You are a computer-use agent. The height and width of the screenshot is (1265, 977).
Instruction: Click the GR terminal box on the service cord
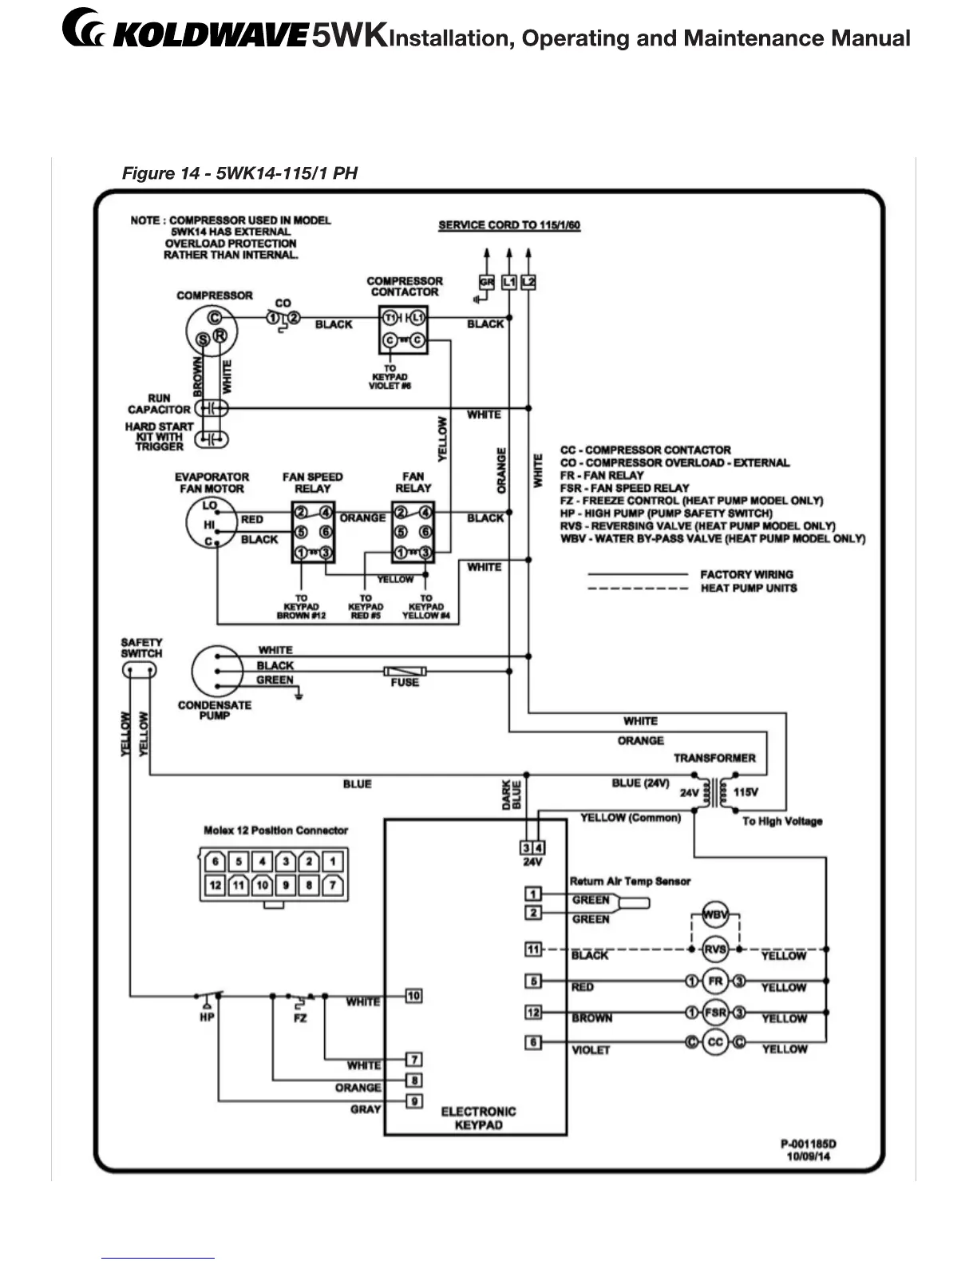[487, 282]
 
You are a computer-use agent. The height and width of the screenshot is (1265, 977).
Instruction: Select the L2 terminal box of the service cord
[528, 282]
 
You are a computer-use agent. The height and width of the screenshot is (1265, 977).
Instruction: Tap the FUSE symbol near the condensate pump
[405, 671]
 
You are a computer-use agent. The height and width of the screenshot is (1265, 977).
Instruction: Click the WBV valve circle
[715, 914]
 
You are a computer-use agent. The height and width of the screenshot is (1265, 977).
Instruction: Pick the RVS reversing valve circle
[715, 949]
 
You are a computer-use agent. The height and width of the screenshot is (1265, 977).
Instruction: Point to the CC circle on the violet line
[715, 1042]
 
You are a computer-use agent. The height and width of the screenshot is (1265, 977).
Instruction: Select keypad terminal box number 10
[413, 996]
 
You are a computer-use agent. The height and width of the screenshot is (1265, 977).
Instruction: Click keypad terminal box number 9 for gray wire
[414, 1101]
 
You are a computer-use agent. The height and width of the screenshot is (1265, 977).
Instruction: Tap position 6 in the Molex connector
[215, 862]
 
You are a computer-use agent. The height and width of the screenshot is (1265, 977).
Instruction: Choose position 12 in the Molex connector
[215, 885]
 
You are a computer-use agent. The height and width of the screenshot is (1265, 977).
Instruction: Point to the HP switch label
[207, 1018]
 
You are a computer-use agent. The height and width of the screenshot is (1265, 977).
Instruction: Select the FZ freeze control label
[300, 1018]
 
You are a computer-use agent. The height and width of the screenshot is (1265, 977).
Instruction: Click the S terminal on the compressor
[204, 340]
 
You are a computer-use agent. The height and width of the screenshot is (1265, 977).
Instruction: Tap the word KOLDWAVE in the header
[209, 37]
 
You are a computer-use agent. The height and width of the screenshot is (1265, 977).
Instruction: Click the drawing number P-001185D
[809, 1144]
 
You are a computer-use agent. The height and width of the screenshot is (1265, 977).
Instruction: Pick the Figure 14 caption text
[239, 173]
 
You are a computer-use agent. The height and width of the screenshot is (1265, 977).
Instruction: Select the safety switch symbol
[140, 671]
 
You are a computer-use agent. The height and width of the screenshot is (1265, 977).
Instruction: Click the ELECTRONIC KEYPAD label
[478, 1118]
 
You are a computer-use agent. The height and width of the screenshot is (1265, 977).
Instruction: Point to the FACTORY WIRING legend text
[746, 574]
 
